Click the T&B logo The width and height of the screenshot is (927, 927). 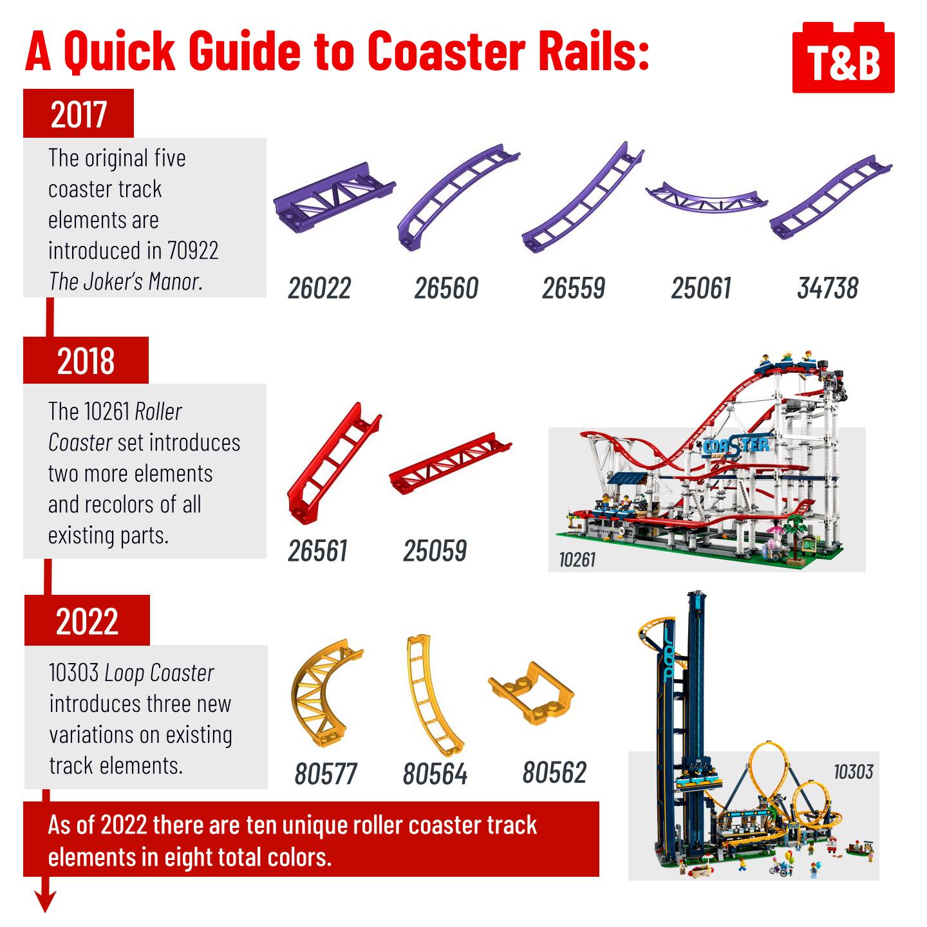point(843,58)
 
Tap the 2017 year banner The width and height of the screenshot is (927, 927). point(79,113)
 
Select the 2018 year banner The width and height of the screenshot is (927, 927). point(86,360)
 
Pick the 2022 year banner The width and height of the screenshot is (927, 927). point(87,621)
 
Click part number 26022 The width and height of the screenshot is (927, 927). point(319,288)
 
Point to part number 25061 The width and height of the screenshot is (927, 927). point(702,288)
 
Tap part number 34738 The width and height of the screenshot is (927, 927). point(828,288)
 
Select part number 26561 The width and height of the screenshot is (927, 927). point(317,551)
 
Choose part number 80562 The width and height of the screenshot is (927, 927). point(555,773)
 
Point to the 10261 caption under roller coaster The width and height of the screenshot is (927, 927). point(577,560)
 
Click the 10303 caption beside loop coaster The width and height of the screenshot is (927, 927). point(854,772)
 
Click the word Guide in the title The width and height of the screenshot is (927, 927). point(245,51)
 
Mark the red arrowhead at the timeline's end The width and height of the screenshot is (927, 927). point(45,901)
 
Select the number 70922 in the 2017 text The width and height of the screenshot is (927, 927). point(193,250)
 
